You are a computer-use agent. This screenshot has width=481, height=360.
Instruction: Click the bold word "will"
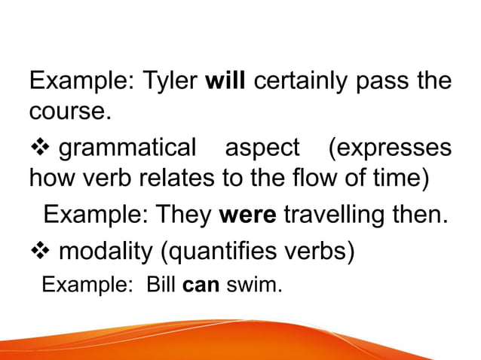(x=225, y=81)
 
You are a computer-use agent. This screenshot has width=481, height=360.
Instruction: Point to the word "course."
(x=69, y=113)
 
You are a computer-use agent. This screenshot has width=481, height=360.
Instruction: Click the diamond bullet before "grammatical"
(x=40, y=148)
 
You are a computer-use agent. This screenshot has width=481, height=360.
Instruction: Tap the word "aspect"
(x=262, y=148)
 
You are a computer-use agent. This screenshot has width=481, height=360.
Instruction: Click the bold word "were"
(x=248, y=215)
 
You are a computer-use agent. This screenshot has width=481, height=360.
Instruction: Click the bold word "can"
(x=197, y=285)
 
